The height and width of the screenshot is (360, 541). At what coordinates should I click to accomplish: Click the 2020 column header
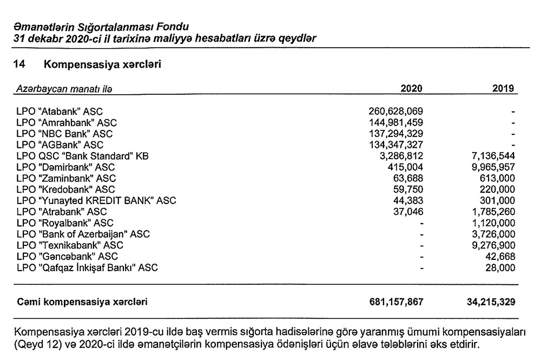(411, 89)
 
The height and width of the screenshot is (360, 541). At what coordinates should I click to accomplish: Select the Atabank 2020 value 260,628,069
(395, 112)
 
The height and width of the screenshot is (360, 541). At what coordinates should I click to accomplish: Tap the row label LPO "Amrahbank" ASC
(67, 123)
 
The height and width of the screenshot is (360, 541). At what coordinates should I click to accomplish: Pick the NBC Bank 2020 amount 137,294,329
(395, 134)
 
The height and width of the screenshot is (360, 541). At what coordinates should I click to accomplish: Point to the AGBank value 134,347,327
(395, 145)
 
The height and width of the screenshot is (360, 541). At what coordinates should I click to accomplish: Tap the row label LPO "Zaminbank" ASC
(66, 179)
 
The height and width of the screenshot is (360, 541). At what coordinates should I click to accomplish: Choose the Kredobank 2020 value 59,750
(408, 189)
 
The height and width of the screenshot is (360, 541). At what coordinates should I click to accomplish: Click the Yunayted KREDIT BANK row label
(97, 201)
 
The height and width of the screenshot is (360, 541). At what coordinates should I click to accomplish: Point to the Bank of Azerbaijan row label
(83, 234)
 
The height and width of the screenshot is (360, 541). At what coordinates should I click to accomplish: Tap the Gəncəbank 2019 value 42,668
(499, 257)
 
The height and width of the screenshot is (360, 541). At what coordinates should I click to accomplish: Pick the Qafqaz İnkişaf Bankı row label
(88, 267)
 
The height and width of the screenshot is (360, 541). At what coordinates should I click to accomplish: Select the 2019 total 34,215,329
(487, 300)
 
